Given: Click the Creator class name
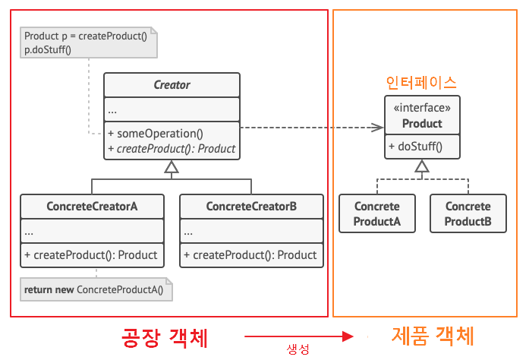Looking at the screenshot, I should (x=172, y=85).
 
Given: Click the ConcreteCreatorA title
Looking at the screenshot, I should (x=92, y=207).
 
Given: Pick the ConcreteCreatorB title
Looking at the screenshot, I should (x=251, y=207).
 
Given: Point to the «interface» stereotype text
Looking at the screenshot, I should (x=422, y=109).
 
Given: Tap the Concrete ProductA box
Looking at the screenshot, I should (x=376, y=213).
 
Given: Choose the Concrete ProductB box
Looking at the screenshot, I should (x=468, y=213).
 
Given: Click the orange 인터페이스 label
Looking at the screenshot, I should (x=421, y=82).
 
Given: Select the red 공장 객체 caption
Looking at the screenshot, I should (x=165, y=336).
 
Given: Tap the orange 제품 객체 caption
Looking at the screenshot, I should (x=433, y=335).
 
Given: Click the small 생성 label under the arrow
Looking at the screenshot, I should (x=298, y=349).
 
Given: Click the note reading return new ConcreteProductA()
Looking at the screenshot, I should (x=96, y=289).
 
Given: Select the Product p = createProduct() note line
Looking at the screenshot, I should (x=85, y=36).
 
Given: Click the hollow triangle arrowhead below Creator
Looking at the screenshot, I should (x=172, y=168).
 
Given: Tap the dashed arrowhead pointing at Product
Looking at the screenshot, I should (x=377, y=128).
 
